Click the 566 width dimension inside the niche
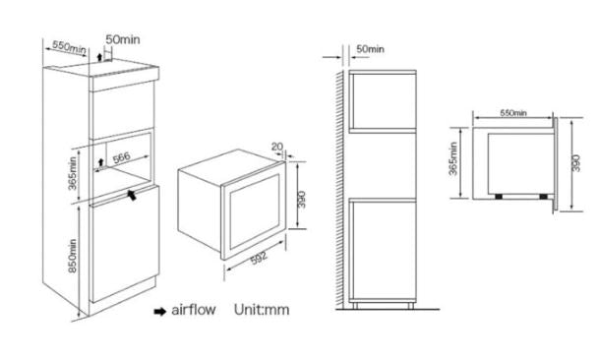click(x=122, y=157)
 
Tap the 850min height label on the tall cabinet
click(x=72, y=256)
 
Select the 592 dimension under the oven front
click(x=259, y=259)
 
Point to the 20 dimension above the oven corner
click(x=277, y=147)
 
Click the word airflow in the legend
click(x=194, y=310)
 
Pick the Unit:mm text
click(x=262, y=310)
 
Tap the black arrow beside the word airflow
click(x=160, y=312)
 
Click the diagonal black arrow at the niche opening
click(x=131, y=195)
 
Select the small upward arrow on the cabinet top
click(x=99, y=57)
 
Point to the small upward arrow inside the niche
click(x=101, y=162)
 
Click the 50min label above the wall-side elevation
click(x=370, y=49)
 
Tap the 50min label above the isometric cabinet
click(x=123, y=39)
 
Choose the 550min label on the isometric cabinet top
click(x=69, y=47)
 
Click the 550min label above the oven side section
click(x=513, y=113)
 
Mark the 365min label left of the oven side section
click(x=453, y=158)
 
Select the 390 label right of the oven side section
click(x=576, y=163)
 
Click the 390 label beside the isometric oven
click(x=302, y=200)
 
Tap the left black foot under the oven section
click(x=499, y=197)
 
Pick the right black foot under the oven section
click(x=543, y=197)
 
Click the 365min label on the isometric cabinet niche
click(x=72, y=173)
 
